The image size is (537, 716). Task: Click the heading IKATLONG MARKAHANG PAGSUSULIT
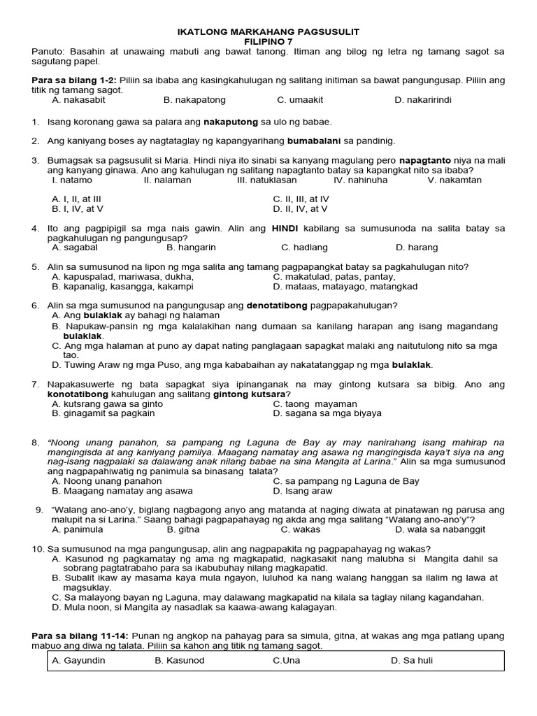268,32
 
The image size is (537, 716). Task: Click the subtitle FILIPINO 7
268,42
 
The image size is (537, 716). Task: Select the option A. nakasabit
79,100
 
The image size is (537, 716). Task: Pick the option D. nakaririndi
422,100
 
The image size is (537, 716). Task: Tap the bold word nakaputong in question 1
231,122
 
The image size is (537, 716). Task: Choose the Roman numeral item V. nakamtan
454,180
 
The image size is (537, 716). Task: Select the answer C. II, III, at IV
301,199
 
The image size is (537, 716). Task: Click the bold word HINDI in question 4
285,228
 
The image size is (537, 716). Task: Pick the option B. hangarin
191,247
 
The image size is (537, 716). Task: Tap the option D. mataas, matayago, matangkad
345,286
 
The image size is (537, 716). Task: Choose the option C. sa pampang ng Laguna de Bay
346,481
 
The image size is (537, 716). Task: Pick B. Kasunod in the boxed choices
180,661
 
